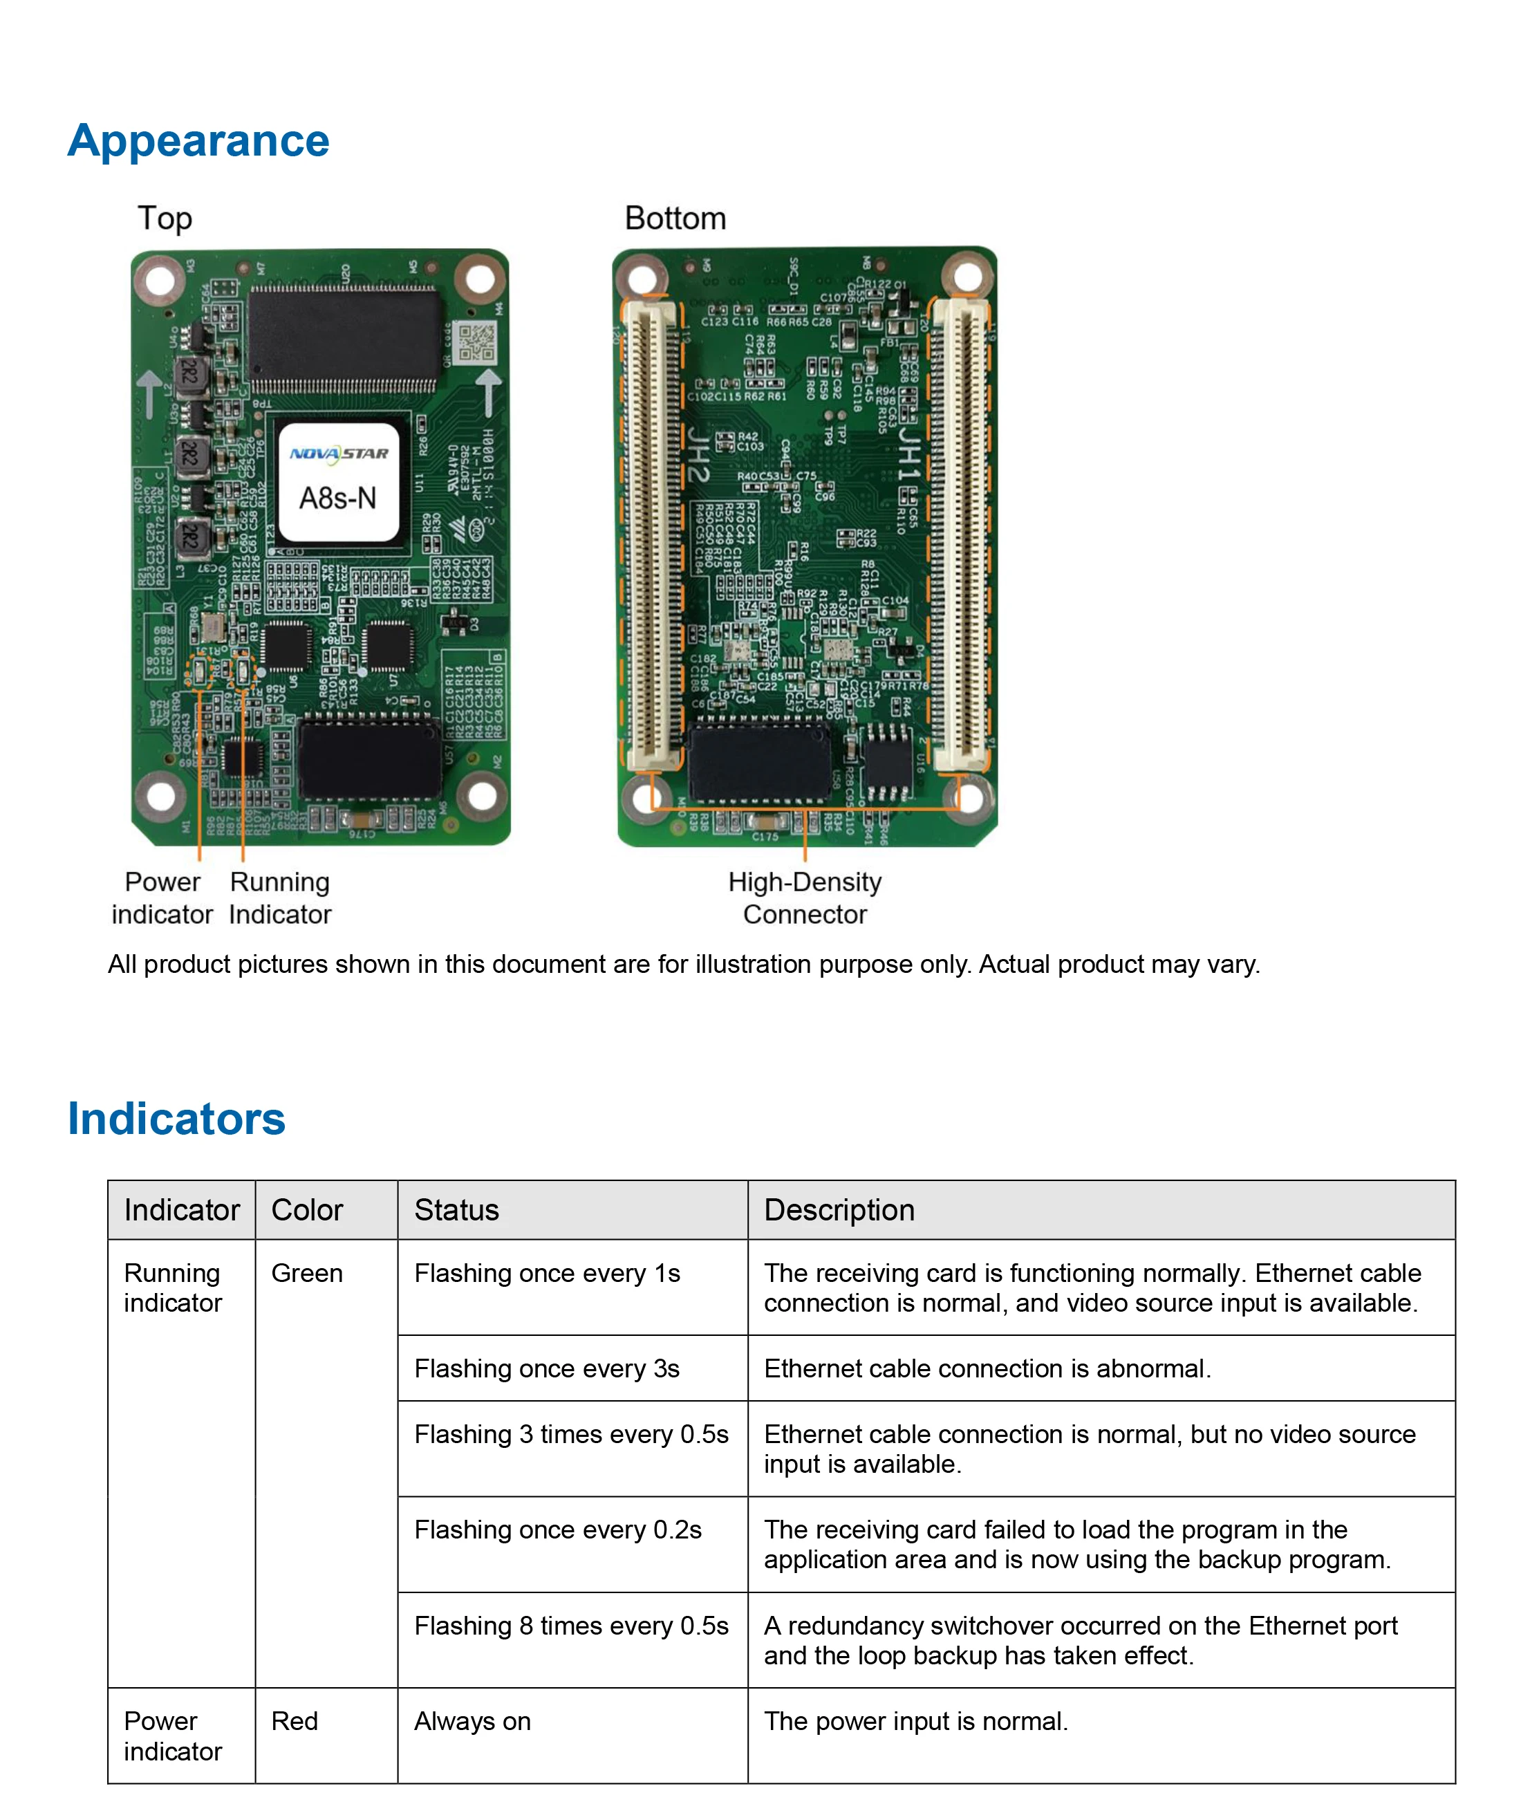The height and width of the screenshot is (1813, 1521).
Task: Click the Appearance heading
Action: [198, 141]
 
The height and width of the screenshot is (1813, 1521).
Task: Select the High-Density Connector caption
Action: [805, 898]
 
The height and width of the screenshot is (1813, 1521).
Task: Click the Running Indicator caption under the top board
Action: [280, 898]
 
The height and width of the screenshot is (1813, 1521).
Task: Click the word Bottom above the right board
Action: [675, 219]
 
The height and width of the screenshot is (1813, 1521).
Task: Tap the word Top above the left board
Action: [165, 219]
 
